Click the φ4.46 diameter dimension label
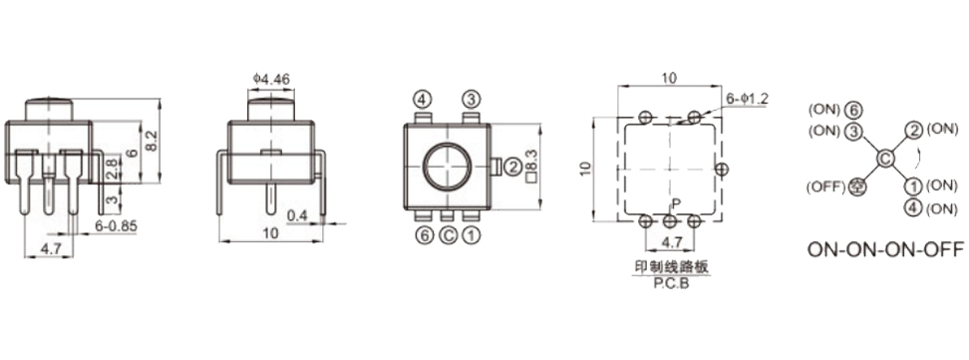271,79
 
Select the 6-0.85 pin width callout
117,226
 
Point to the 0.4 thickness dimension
297,215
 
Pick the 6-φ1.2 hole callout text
747,99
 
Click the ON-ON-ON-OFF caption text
885,250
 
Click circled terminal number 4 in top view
422,99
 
